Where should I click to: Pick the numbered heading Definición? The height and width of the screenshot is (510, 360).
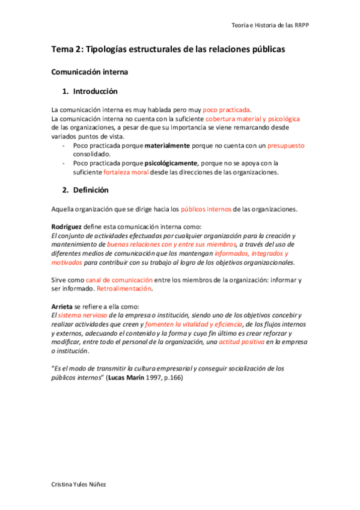91,190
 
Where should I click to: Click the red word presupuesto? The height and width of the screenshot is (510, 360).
286,146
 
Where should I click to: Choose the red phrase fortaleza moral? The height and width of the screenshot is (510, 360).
126,172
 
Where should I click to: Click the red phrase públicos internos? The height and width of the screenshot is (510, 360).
206,209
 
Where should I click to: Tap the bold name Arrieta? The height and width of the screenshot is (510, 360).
64,306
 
